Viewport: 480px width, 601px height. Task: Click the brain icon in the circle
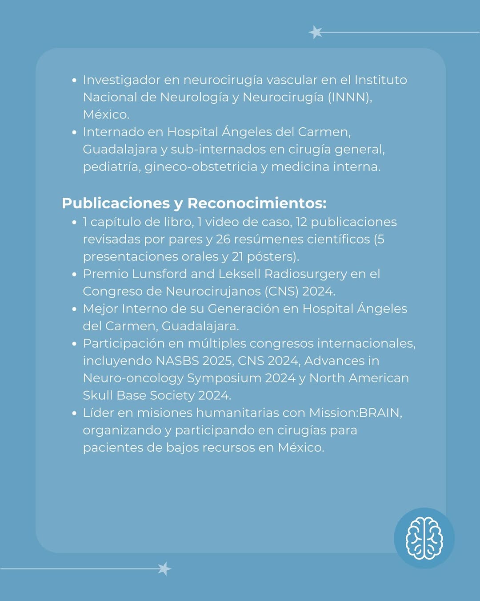[x=424, y=538]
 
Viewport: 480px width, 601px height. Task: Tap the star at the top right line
[x=316, y=32]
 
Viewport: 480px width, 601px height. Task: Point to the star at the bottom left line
[x=164, y=569]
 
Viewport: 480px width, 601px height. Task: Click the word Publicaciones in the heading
[x=116, y=203]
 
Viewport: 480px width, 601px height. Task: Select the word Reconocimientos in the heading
[x=257, y=203]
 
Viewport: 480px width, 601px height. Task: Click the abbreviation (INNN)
[x=350, y=97]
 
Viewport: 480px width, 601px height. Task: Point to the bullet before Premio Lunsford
[x=74, y=274]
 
